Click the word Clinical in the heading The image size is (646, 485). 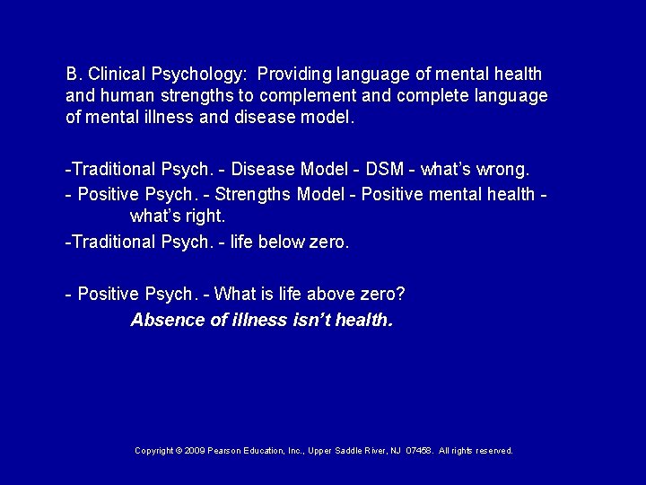click(x=117, y=74)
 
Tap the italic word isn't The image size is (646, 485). click(x=311, y=320)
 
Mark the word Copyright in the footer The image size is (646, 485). click(x=153, y=451)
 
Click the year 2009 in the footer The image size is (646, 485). click(x=194, y=451)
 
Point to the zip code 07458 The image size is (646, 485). click(x=419, y=451)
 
